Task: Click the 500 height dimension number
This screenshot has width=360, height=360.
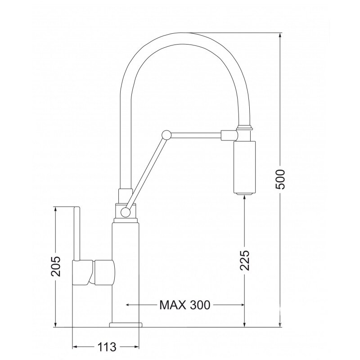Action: coord(280,179)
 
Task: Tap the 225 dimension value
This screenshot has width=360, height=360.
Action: coord(244,260)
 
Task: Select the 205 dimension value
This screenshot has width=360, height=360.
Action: coord(56,266)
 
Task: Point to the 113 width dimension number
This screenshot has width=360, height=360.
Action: coord(107,347)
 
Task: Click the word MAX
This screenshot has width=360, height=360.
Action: coord(172,305)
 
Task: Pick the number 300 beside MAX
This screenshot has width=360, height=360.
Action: coord(200,305)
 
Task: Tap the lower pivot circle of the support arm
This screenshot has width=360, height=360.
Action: coord(126,212)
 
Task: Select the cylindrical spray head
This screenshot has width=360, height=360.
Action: coord(244,167)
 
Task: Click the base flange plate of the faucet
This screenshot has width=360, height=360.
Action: coord(126,324)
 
